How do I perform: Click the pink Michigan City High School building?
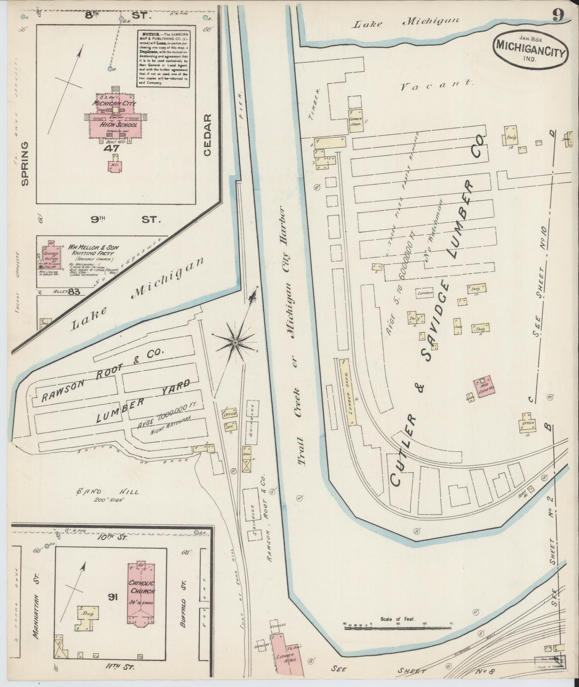click(x=116, y=119)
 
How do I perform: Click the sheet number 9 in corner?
click(x=559, y=15)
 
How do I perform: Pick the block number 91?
click(x=112, y=598)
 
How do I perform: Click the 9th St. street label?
click(x=125, y=220)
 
